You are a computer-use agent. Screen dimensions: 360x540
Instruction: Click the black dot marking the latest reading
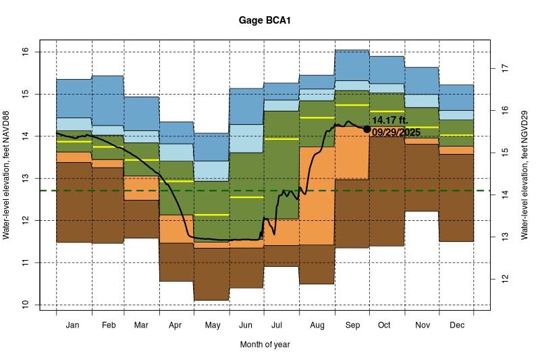tap(367, 129)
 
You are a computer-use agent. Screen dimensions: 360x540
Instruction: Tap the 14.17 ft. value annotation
tap(390, 120)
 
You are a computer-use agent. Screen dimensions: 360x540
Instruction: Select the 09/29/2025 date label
tap(396, 132)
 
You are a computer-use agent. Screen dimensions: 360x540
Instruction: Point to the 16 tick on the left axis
tap(24, 52)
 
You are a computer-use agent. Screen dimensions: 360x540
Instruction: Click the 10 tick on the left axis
tap(24, 305)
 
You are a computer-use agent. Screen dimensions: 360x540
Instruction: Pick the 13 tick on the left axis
tap(24, 178)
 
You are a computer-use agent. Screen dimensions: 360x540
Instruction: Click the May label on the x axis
tap(212, 326)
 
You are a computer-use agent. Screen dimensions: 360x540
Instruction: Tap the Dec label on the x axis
tap(456, 326)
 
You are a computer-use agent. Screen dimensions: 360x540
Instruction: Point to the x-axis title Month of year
tap(265, 344)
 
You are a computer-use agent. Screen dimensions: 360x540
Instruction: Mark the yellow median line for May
tap(211, 215)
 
